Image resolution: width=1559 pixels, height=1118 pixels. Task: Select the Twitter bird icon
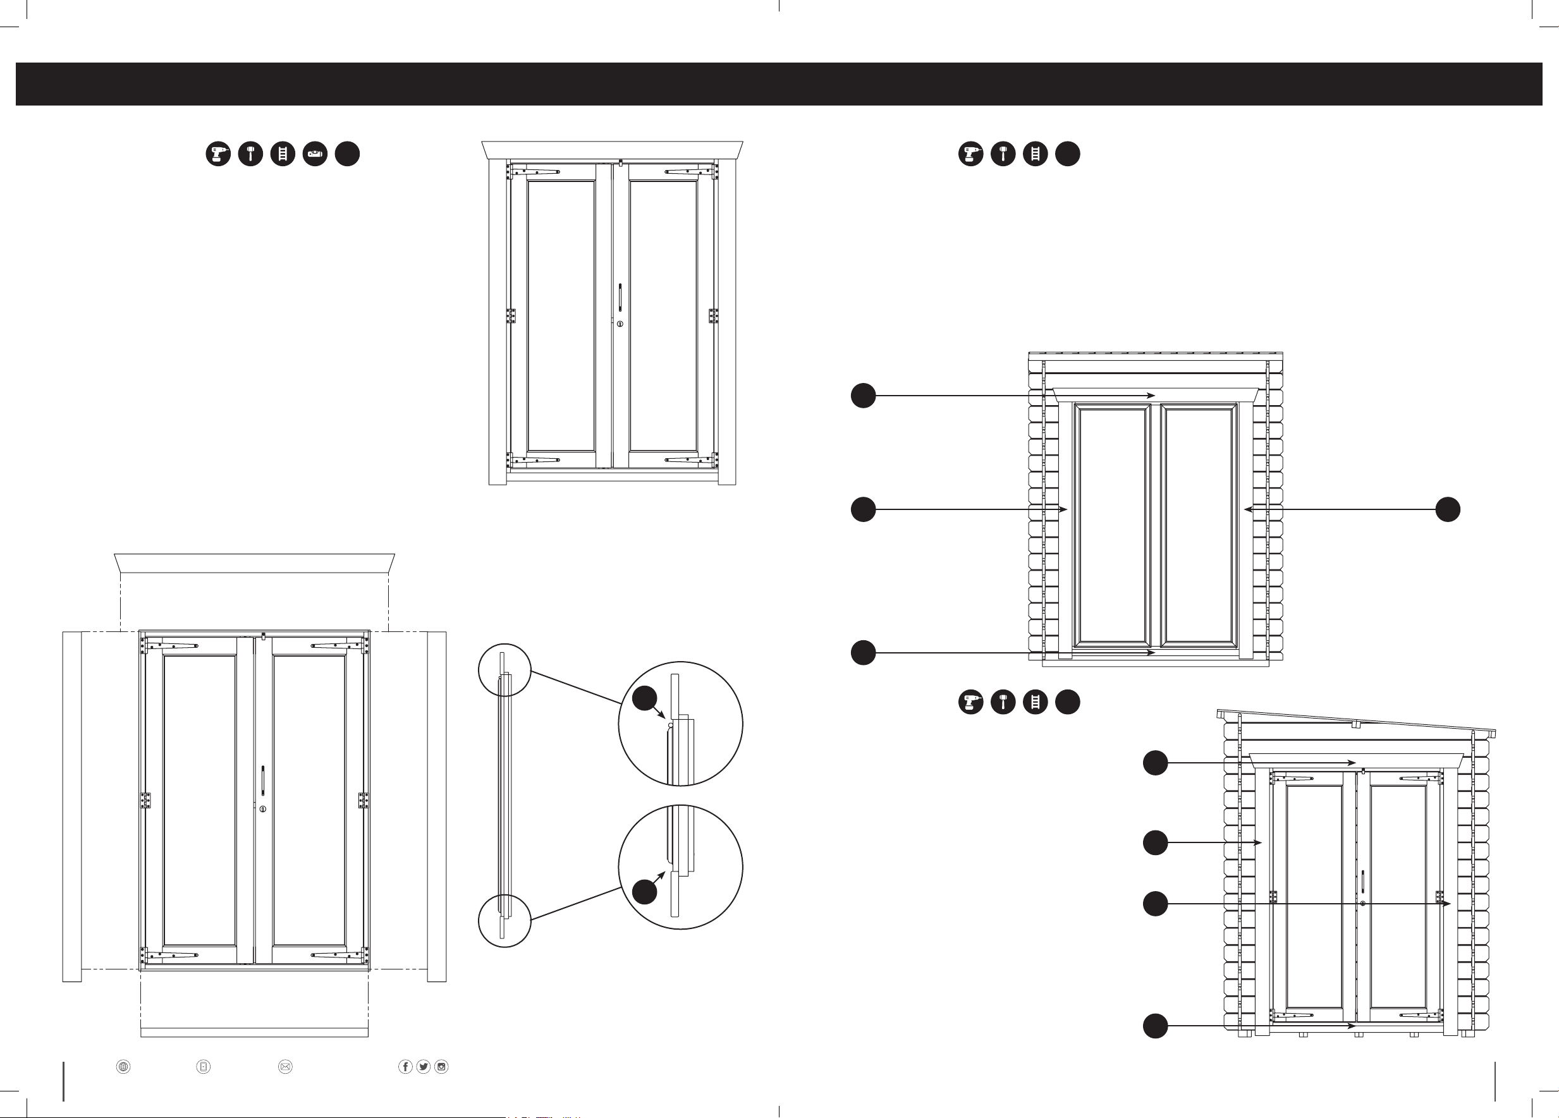(x=424, y=1066)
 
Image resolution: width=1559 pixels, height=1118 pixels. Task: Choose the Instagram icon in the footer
(x=441, y=1066)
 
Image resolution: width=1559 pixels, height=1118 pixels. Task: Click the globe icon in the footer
(x=123, y=1066)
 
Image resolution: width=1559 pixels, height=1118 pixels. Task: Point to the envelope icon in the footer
(x=285, y=1066)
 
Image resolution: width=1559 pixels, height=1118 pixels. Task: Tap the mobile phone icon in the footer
(x=204, y=1066)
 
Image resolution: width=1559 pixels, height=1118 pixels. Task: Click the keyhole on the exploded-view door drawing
(x=262, y=809)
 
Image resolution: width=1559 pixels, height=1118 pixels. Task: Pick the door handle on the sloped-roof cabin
(x=1362, y=882)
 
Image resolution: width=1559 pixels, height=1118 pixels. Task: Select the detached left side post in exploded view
(x=72, y=806)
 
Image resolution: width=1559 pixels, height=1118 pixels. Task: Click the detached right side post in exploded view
(x=436, y=806)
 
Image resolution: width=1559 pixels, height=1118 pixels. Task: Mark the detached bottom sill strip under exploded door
(x=254, y=1032)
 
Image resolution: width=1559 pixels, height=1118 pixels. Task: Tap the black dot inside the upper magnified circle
(x=644, y=698)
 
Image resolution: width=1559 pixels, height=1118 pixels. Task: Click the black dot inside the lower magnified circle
(x=644, y=892)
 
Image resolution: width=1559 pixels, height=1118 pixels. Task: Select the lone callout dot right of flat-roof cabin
(x=1448, y=509)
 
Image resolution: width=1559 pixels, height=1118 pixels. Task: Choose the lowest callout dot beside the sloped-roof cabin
(x=1156, y=1026)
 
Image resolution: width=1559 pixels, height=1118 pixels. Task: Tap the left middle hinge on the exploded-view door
(x=146, y=800)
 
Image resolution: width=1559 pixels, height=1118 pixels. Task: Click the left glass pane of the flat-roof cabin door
(x=1112, y=526)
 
